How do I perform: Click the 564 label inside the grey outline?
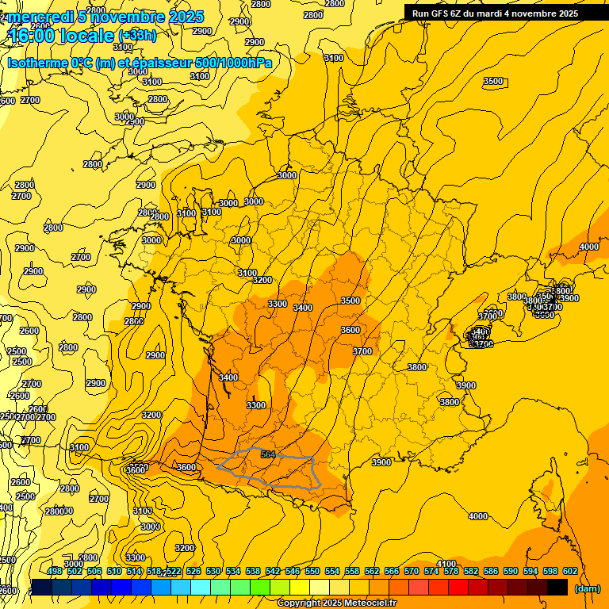tap(268, 454)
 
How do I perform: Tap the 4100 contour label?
tap(446, 564)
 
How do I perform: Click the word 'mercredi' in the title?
tap(40, 17)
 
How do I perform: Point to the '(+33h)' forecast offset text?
tap(137, 36)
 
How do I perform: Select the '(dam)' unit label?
tap(586, 589)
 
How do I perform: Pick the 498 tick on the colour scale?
tap(55, 572)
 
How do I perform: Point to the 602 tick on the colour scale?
tap(569, 572)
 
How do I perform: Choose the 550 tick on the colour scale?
tap(312, 572)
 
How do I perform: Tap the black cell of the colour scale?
tap(557, 587)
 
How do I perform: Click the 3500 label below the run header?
tap(493, 81)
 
